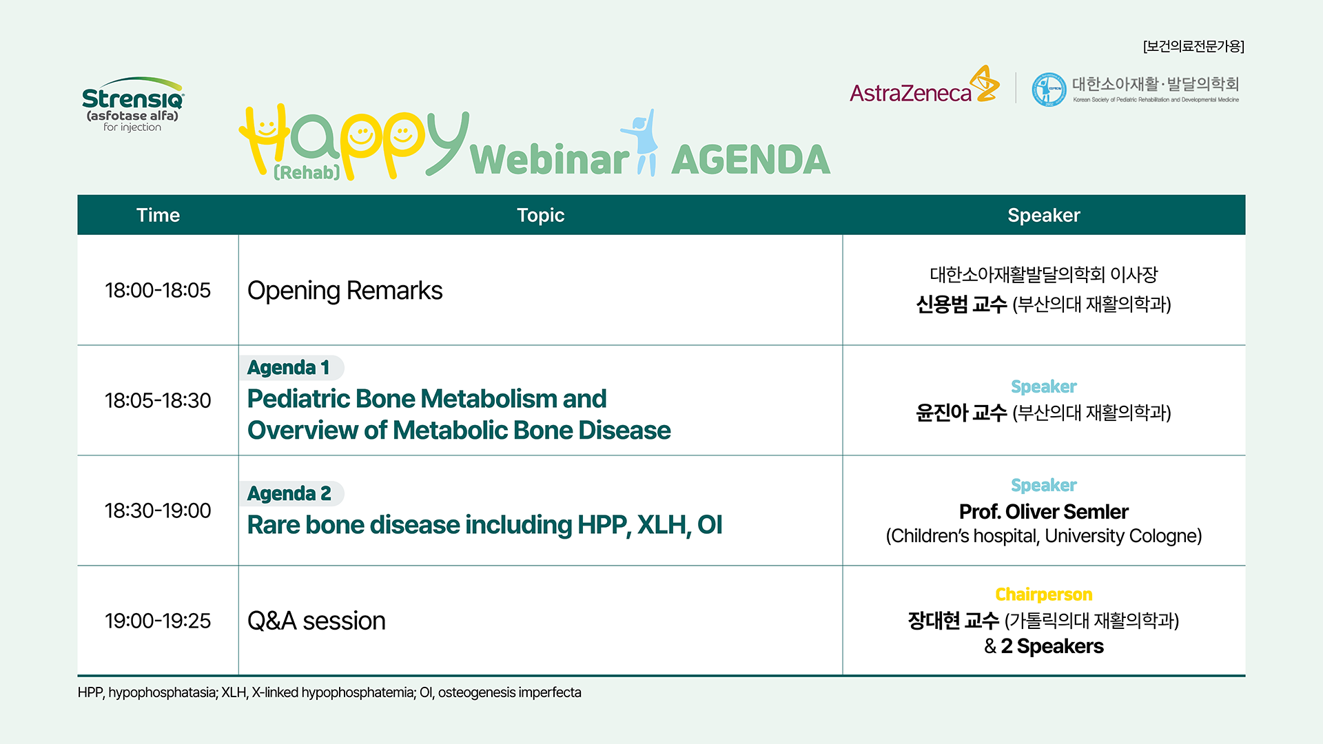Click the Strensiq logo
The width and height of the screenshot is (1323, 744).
tap(133, 104)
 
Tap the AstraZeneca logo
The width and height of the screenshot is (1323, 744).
tap(924, 85)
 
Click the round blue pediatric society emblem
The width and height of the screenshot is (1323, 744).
tap(1049, 90)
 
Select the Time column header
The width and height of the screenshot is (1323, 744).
tap(158, 215)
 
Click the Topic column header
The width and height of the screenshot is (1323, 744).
tap(540, 215)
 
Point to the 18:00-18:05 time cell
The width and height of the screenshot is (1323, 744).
tap(158, 290)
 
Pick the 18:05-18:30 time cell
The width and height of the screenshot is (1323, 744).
tap(158, 400)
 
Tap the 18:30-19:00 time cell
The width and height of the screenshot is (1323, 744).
tap(158, 510)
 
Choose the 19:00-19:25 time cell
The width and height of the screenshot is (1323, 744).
tap(158, 621)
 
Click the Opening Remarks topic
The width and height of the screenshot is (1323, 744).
tap(345, 291)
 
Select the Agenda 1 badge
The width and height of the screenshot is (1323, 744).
tap(291, 367)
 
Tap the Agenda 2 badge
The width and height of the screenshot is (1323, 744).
tap(291, 493)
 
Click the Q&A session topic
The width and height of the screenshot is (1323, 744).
tap(316, 621)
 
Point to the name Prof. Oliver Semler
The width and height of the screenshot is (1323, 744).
tap(1043, 512)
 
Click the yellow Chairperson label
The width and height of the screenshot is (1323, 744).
tap(1043, 594)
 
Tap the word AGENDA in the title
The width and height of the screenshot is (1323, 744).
tap(750, 160)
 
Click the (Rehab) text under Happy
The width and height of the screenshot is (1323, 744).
tap(307, 172)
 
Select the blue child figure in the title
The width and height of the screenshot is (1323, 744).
tap(642, 142)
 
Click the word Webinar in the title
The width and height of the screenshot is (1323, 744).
tap(549, 160)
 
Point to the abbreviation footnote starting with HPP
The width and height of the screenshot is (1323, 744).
tap(329, 692)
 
